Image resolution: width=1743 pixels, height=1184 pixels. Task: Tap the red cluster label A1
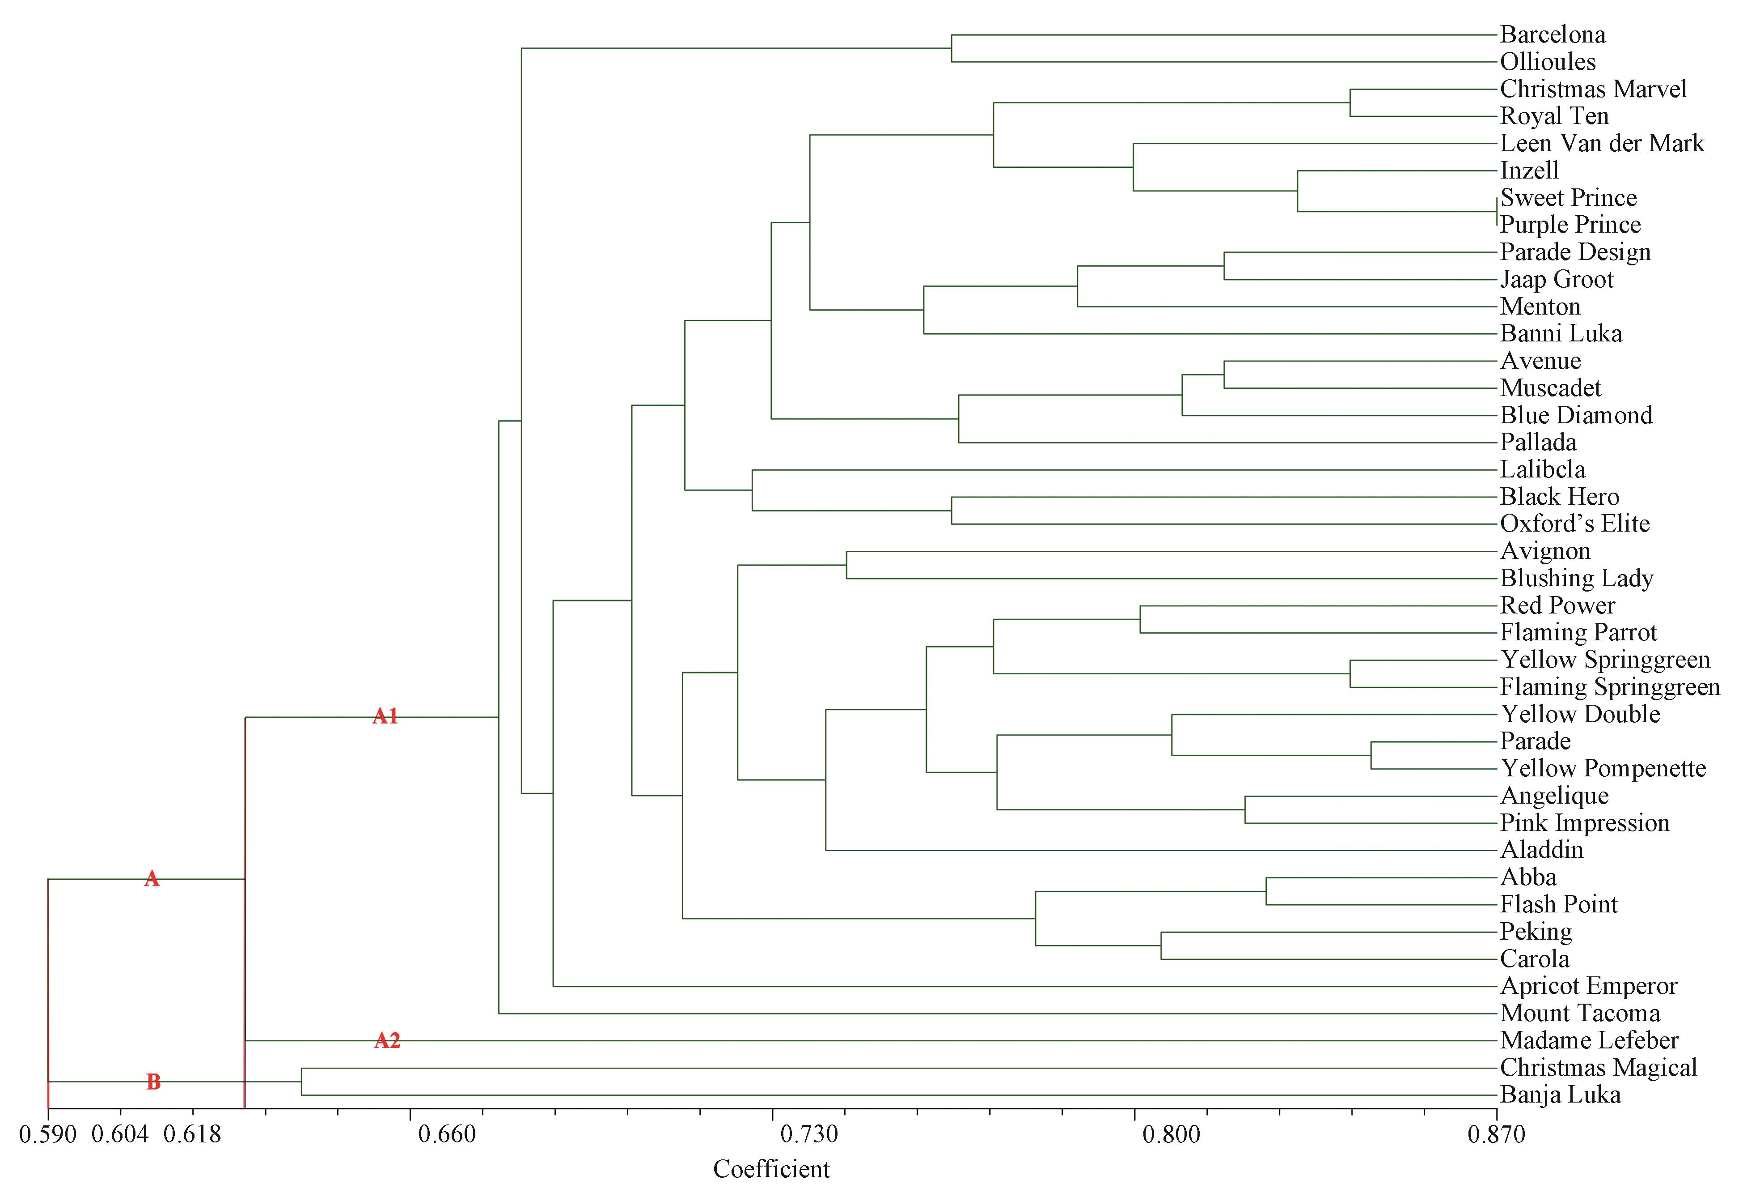pyautogui.click(x=385, y=716)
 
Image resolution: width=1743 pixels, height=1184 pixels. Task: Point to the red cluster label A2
pyautogui.click(x=387, y=1041)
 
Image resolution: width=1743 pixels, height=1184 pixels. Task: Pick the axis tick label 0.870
pyautogui.click(x=1496, y=1134)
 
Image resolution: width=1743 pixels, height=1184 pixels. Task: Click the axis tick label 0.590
pyautogui.click(x=48, y=1134)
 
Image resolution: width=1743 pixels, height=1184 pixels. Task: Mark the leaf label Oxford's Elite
pyautogui.click(x=1575, y=524)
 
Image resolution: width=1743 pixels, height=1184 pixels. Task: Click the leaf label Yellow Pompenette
pyautogui.click(x=1603, y=768)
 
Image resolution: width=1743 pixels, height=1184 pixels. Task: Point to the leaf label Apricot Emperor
pyautogui.click(x=1588, y=986)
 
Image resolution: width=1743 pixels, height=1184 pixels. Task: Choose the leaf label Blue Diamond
pyautogui.click(x=1576, y=415)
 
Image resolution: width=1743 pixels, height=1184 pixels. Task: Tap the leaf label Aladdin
pyautogui.click(x=1542, y=850)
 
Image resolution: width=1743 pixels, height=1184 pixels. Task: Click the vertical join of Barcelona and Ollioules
pyautogui.click(x=952, y=48)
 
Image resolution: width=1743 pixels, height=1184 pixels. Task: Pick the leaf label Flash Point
pyautogui.click(x=1558, y=904)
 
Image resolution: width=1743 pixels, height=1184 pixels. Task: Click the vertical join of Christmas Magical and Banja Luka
pyautogui.click(x=301, y=1081)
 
